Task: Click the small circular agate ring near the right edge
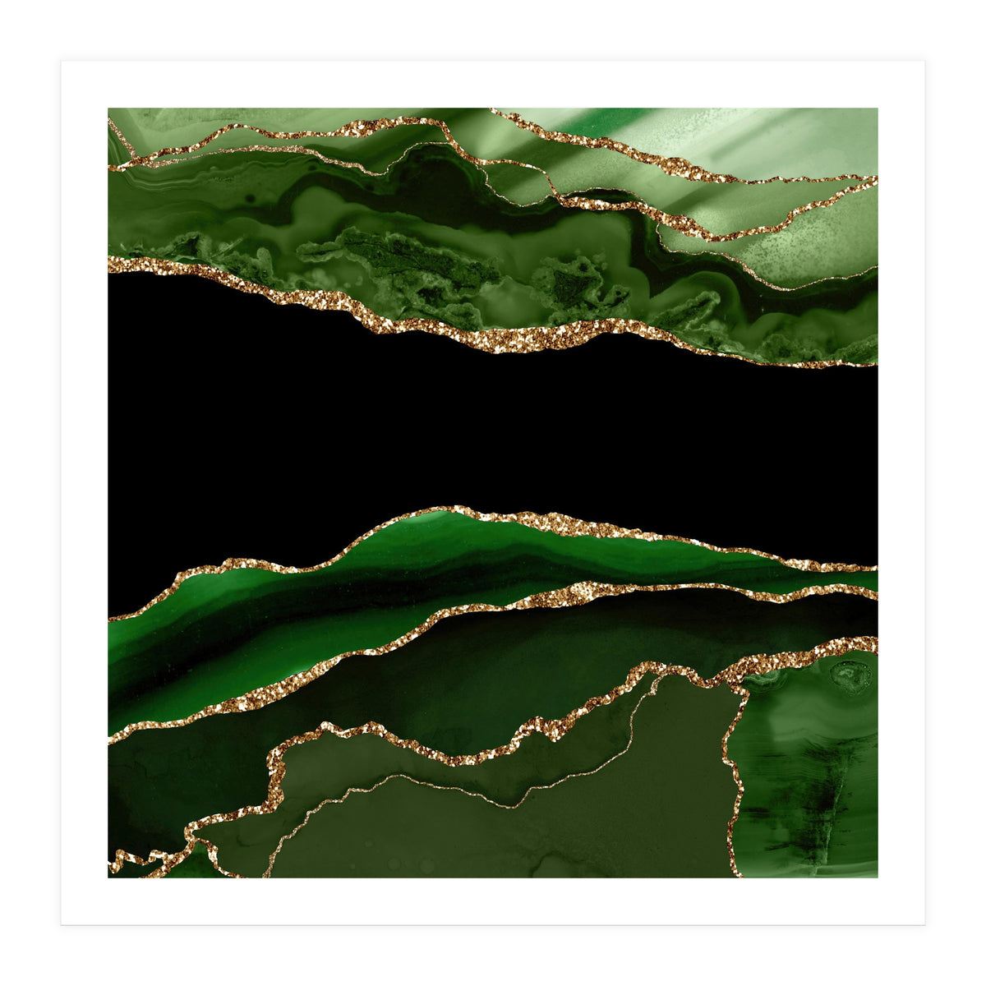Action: click(850, 675)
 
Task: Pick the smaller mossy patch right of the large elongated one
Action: click(575, 283)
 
